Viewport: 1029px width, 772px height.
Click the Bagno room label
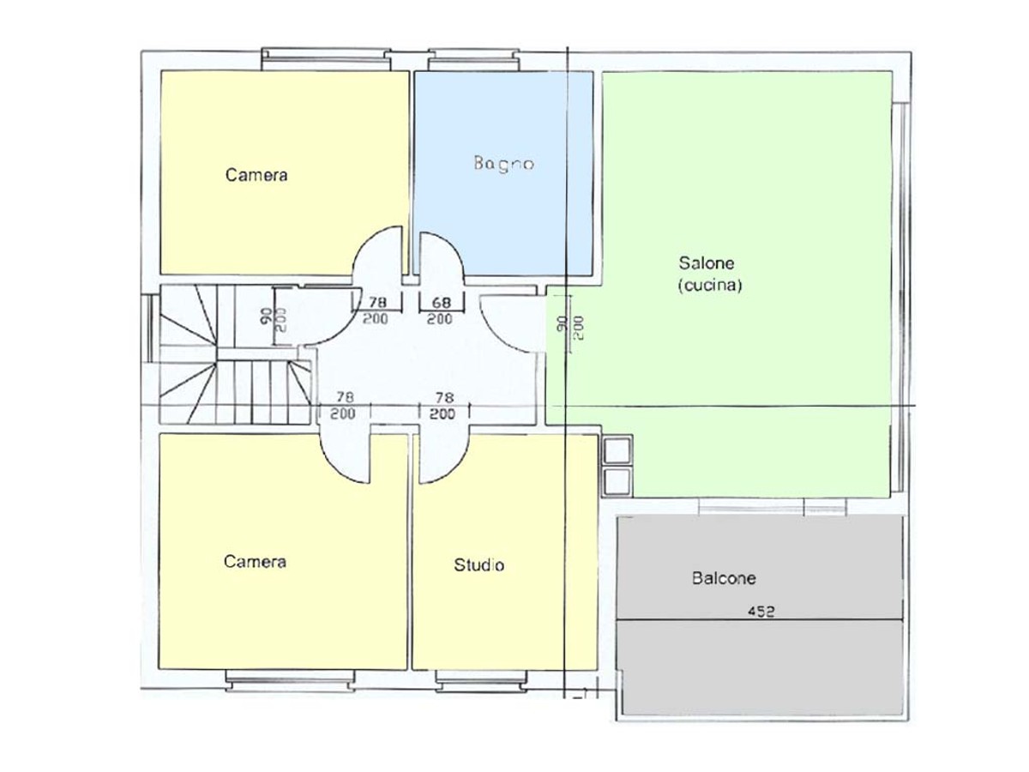coord(503,164)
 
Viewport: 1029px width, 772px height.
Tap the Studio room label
coord(478,565)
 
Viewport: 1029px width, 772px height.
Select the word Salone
coord(706,263)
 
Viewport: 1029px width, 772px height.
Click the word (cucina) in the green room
coord(710,285)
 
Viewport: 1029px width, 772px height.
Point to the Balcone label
coord(724,578)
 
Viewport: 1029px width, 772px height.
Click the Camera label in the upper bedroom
coord(256,175)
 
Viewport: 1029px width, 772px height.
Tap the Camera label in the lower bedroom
coord(255,562)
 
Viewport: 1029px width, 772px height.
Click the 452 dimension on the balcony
coord(761,612)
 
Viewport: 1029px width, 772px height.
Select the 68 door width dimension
coord(441,303)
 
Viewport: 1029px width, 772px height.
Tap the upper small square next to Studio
coord(617,450)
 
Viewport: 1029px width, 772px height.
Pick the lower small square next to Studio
coord(617,481)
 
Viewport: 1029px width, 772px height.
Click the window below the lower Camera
coord(290,681)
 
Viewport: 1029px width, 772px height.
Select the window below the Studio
coord(481,681)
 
